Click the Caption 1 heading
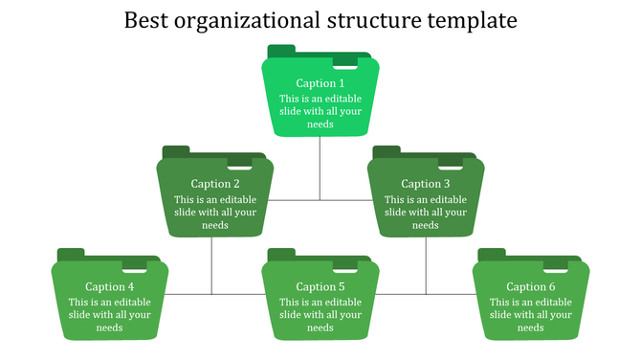click(320, 83)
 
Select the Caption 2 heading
click(215, 184)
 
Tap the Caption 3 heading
click(426, 184)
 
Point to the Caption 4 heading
click(110, 286)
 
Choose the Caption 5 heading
click(320, 286)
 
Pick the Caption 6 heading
click(531, 286)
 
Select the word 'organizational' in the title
click(251, 20)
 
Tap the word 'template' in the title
click(470, 20)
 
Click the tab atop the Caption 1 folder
click(281, 51)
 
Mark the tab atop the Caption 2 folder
click(176, 151)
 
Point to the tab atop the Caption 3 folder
click(387, 151)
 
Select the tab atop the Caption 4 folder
click(71, 254)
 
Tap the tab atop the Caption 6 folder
click(492, 254)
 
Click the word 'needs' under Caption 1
click(320, 124)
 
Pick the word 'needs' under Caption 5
click(320, 327)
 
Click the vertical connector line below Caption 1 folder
click(320, 168)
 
